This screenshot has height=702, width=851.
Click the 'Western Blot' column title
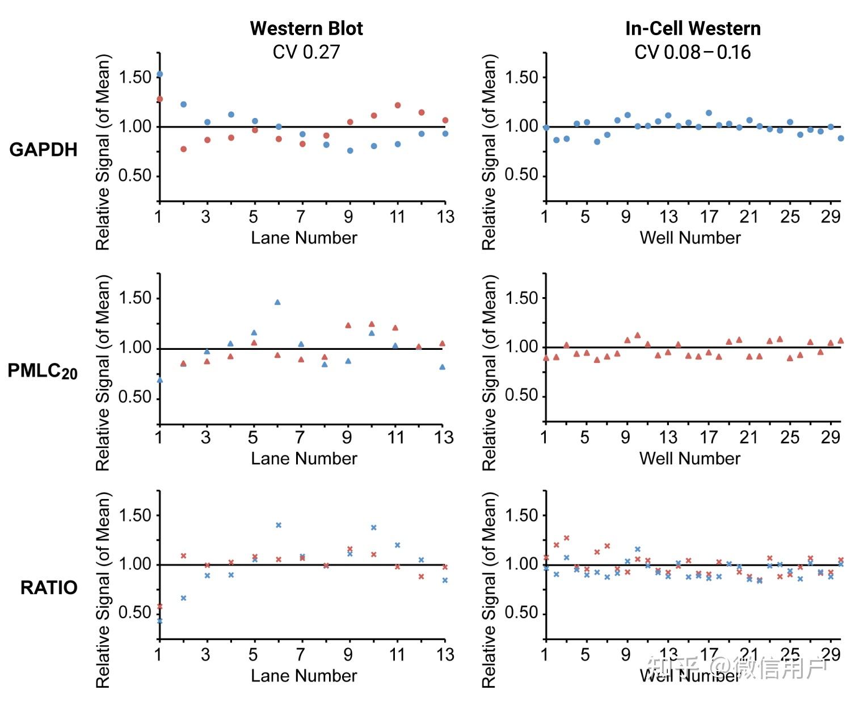click(306, 28)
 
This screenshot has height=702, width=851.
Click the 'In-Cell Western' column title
click(693, 28)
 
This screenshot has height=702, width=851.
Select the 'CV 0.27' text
click(306, 52)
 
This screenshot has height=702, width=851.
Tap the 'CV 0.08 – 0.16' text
click(693, 52)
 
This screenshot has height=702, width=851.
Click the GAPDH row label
click(44, 150)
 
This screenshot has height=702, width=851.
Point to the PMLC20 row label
click(43, 371)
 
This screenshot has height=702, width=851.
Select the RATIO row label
click(49, 587)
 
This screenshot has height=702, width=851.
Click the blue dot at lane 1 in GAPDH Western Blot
click(159, 74)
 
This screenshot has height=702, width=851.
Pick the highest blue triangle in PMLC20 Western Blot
click(277, 302)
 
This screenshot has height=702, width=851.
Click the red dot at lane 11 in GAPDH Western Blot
click(398, 105)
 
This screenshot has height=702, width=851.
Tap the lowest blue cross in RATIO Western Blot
click(159, 621)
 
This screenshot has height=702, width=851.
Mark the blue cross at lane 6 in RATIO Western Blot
click(279, 525)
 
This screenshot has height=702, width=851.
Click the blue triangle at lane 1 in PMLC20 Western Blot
click(159, 380)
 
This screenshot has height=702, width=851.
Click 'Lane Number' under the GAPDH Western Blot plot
click(304, 238)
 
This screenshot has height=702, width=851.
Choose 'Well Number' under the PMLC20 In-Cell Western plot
click(690, 458)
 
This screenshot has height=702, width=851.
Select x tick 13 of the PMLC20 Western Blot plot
click(444, 437)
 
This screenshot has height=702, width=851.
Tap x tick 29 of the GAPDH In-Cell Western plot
click(831, 217)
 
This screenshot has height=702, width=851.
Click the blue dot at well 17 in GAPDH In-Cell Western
click(709, 113)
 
